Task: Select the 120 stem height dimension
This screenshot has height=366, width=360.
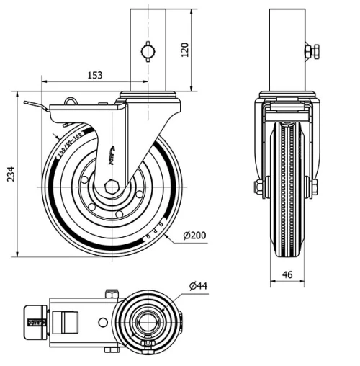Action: (185, 50)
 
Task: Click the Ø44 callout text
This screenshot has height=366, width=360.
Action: (198, 286)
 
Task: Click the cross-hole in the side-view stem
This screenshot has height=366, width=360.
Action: (148, 51)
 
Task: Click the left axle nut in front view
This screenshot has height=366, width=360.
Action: (258, 187)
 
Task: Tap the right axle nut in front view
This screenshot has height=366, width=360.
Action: (314, 187)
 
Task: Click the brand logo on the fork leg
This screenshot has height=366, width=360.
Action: (113, 153)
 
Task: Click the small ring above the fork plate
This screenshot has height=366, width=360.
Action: (72, 100)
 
